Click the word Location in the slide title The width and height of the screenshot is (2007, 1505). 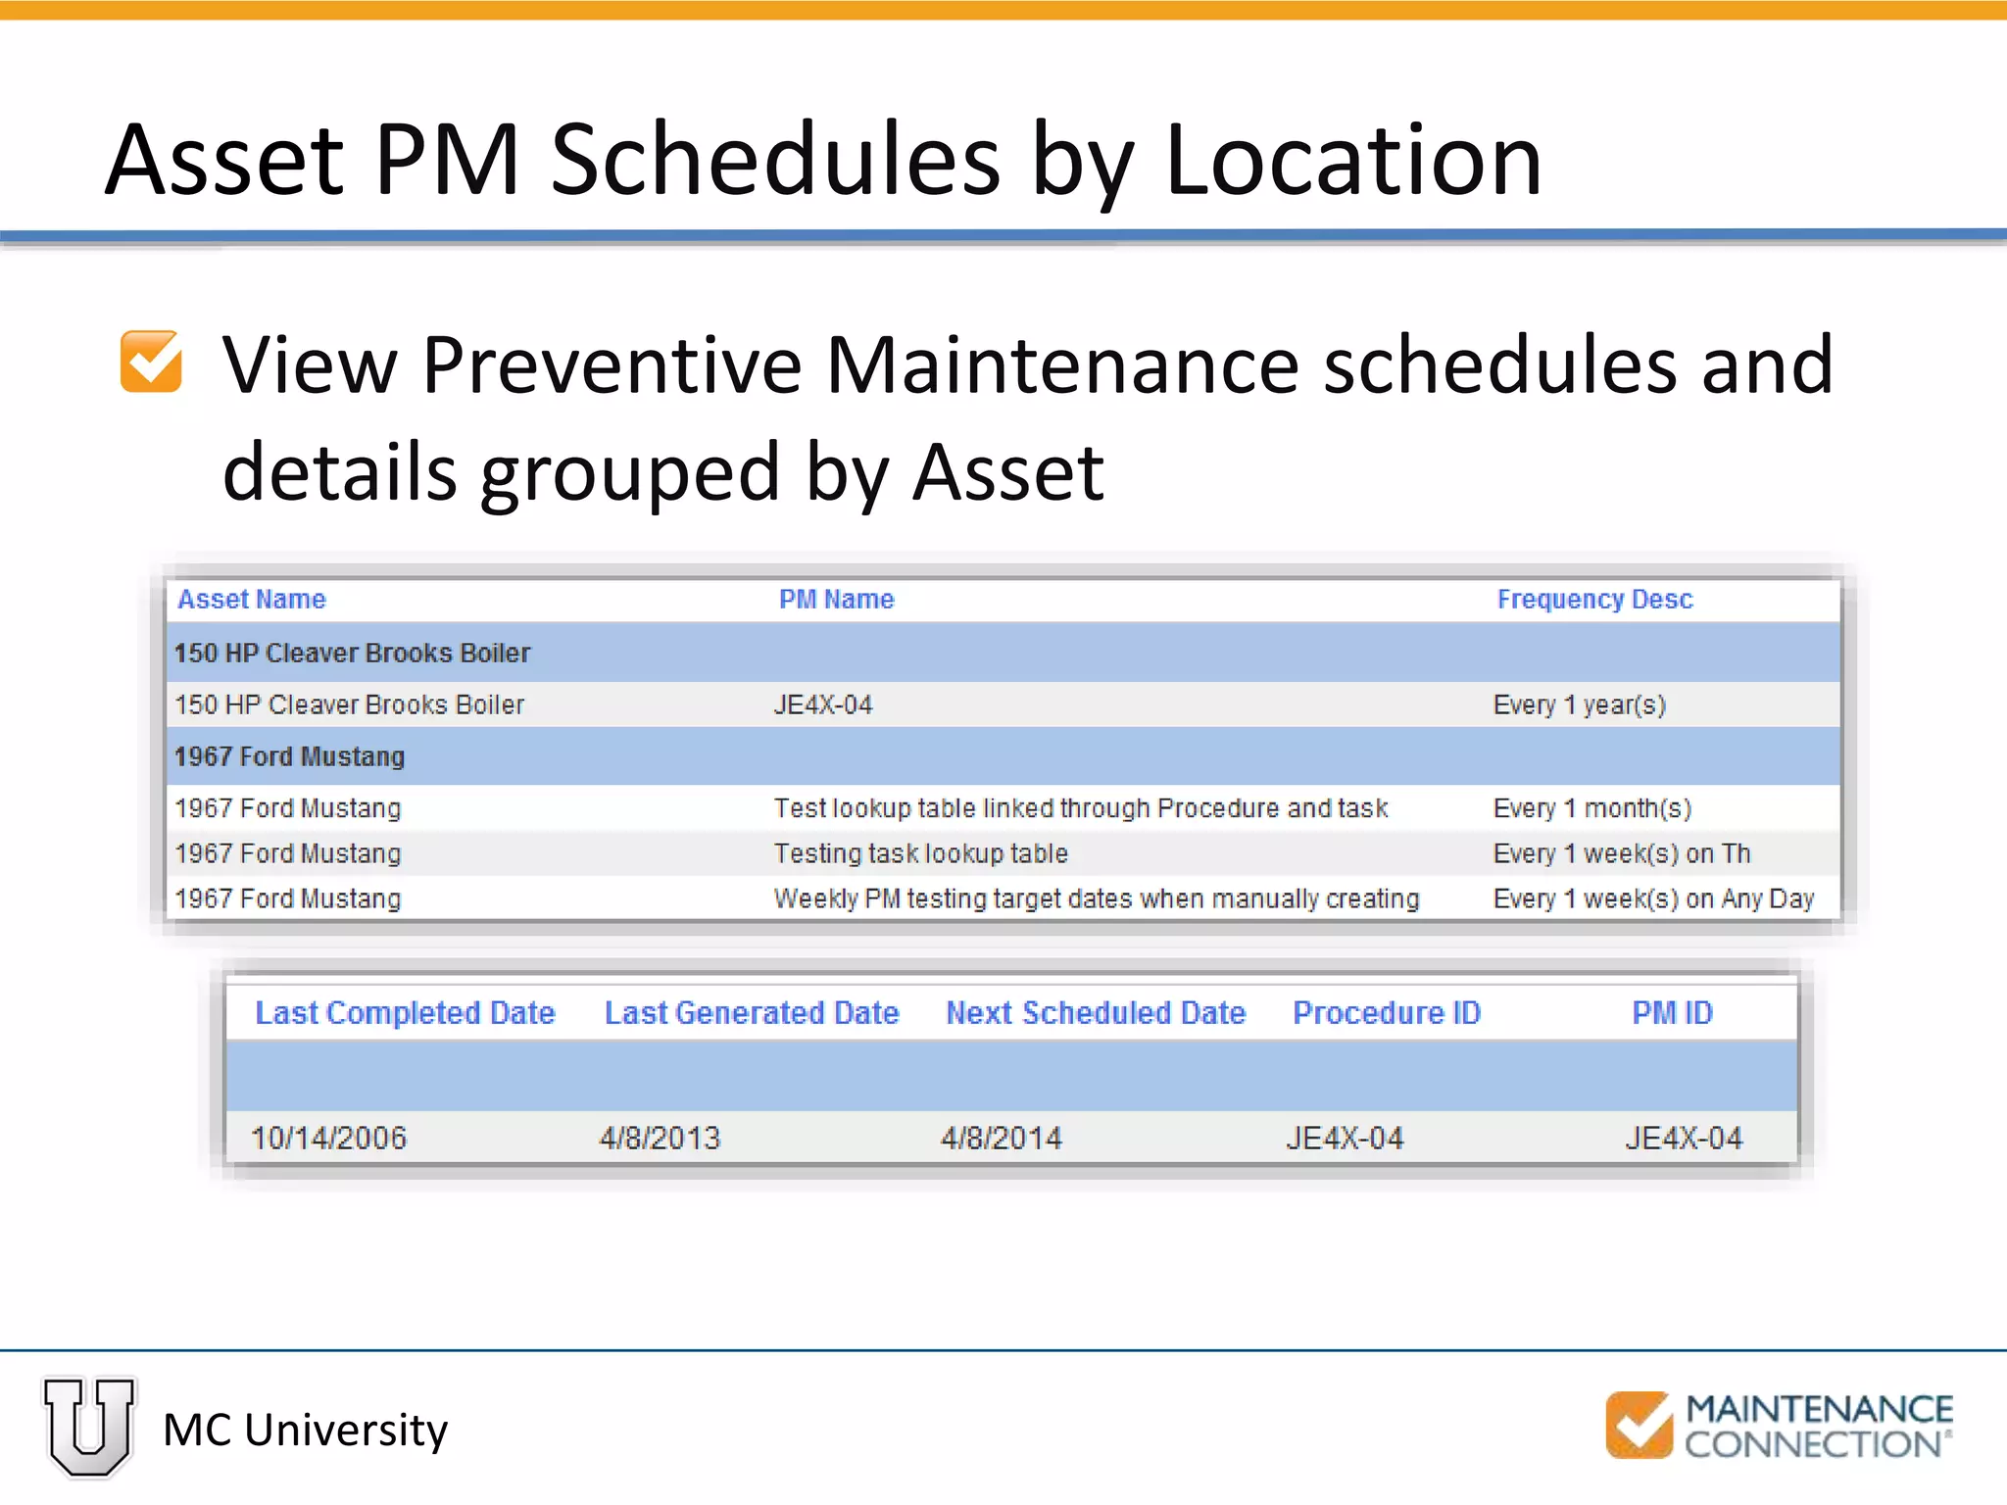click(x=1352, y=161)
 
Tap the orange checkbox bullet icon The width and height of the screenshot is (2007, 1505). click(x=151, y=361)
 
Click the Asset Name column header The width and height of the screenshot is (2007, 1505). click(x=252, y=599)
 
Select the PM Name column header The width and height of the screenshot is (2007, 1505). click(x=836, y=599)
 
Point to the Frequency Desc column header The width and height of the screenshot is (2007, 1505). click(x=1594, y=599)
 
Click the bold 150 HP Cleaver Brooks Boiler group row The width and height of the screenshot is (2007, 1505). click(x=352, y=653)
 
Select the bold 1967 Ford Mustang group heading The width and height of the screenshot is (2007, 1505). click(x=289, y=756)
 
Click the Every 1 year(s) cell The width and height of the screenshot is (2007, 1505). click(x=1579, y=704)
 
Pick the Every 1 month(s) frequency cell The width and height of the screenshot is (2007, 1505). click(x=1591, y=808)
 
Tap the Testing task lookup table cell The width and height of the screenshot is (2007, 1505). click(x=920, y=853)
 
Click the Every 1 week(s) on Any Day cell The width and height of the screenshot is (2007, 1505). click(x=1652, y=898)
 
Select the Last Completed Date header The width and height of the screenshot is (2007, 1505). click(x=405, y=1012)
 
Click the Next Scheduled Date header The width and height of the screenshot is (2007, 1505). click(x=1095, y=1012)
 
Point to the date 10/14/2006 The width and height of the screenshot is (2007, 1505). click(x=328, y=1138)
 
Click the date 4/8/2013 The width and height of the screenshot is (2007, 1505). click(x=660, y=1138)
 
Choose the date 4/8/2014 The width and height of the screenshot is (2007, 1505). click(x=1001, y=1138)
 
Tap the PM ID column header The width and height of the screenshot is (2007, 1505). click(x=1672, y=1012)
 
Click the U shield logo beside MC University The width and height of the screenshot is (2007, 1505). click(x=89, y=1427)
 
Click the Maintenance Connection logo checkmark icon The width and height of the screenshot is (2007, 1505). click(x=1639, y=1425)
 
